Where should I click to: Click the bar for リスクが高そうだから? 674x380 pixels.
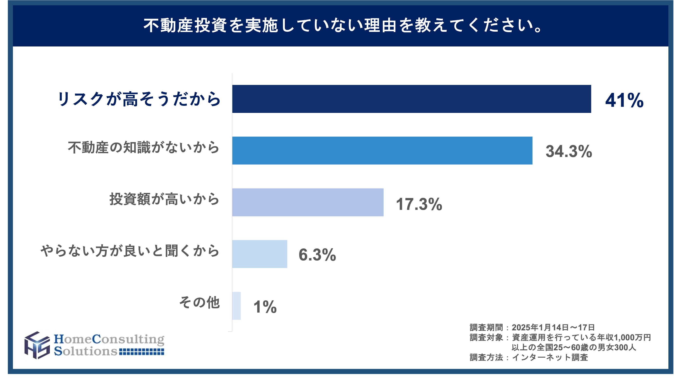point(412,99)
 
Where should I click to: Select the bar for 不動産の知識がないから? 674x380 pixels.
point(382,150)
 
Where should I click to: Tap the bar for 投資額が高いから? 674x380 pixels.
point(308,202)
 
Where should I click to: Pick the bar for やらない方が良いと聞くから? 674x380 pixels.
point(260,254)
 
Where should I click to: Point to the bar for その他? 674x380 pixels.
point(236,306)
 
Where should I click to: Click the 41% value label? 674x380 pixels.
point(624,100)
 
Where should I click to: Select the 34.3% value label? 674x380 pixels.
point(569,151)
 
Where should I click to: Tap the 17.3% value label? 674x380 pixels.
point(419,204)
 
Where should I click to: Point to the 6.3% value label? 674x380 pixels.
point(317,254)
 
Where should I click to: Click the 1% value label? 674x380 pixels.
point(265,307)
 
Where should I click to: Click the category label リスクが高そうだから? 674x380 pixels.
point(139,99)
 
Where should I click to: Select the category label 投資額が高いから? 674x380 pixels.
point(164,199)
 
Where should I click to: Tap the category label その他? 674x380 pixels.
point(199,303)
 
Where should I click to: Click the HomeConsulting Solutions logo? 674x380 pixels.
point(95,345)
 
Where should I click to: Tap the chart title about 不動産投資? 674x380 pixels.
point(343,26)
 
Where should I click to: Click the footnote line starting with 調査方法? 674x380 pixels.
point(529,357)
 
